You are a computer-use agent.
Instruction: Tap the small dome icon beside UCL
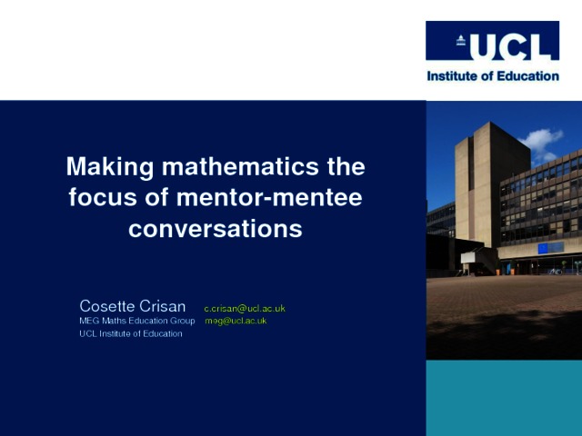point(461,40)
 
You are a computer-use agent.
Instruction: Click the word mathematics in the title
point(240,166)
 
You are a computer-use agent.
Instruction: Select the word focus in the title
point(103,197)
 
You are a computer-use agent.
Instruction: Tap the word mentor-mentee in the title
point(269,198)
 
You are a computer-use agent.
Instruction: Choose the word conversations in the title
point(216,229)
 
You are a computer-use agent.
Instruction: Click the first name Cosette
point(107,306)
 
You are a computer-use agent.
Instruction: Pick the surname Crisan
point(163,306)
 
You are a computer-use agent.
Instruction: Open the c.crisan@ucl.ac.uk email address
point(245,309)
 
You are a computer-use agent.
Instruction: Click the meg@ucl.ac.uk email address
point(236,321)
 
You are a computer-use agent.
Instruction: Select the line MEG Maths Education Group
point(137,321)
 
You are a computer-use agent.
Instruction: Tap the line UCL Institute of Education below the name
point(131,333)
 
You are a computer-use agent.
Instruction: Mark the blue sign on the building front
point(551,248)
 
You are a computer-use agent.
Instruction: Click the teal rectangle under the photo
point(504,398)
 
